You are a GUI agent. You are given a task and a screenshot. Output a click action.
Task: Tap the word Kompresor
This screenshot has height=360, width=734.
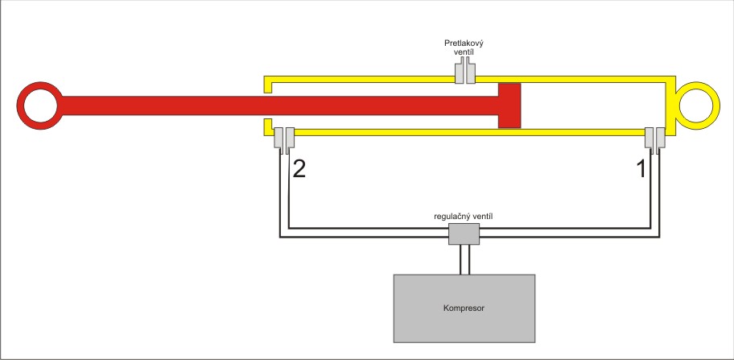(x=463, y=308)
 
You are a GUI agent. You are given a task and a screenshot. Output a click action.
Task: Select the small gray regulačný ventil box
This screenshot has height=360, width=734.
(x=463, y=234)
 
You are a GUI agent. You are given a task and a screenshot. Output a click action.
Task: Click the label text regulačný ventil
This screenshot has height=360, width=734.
(x=463, y=217)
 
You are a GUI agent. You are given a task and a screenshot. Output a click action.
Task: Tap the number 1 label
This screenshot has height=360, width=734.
(x=641, y=169)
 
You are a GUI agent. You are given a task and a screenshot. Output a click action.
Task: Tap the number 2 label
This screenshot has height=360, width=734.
(x=299, y=169)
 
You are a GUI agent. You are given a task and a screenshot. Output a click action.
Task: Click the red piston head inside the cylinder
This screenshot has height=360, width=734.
(x=509, y=105)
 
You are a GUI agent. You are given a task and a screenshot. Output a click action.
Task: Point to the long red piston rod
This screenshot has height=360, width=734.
(x=274, y=105)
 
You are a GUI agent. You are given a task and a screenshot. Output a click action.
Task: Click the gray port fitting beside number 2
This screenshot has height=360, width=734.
(x=283, y=139)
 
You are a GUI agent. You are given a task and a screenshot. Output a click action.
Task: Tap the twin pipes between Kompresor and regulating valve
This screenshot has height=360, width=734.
(x=463, y=259)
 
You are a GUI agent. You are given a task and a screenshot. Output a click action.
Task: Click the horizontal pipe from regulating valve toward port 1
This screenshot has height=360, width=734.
(x=563, y=233)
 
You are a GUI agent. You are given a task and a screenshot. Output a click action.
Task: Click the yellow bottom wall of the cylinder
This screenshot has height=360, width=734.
(x=467, y=131)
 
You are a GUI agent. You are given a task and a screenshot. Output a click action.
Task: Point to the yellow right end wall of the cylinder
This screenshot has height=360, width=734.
(x=669, y=105)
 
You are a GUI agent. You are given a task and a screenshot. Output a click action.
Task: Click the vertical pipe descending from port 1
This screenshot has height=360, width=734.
(x=655, y=193)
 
